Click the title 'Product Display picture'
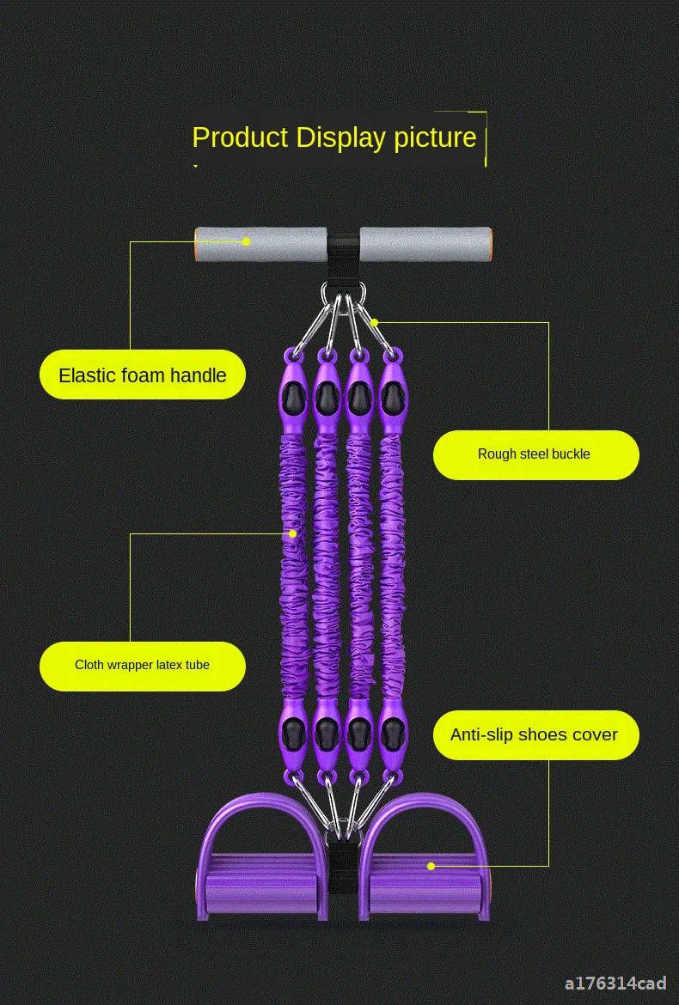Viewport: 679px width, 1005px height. [x=333, y=137]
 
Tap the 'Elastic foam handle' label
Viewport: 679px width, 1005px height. [x=143, y=375]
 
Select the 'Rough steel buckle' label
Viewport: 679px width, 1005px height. [x=535, y=454]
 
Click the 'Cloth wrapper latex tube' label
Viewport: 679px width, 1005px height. [x=143, y=665]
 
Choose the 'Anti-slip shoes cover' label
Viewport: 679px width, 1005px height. [x=535, y=734]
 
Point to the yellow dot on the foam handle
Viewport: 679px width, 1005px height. [x=247, y=241]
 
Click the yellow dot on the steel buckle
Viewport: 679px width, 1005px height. [x=374, y=323]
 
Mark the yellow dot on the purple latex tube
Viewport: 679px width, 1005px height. [x=292, y=533]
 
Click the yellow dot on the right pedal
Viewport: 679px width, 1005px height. [x=431, y=866]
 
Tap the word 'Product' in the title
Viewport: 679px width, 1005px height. [x=240, y=137]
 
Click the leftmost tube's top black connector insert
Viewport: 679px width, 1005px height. [x=291, y=396]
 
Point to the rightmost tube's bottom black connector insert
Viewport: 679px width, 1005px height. [x=392, y=733]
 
